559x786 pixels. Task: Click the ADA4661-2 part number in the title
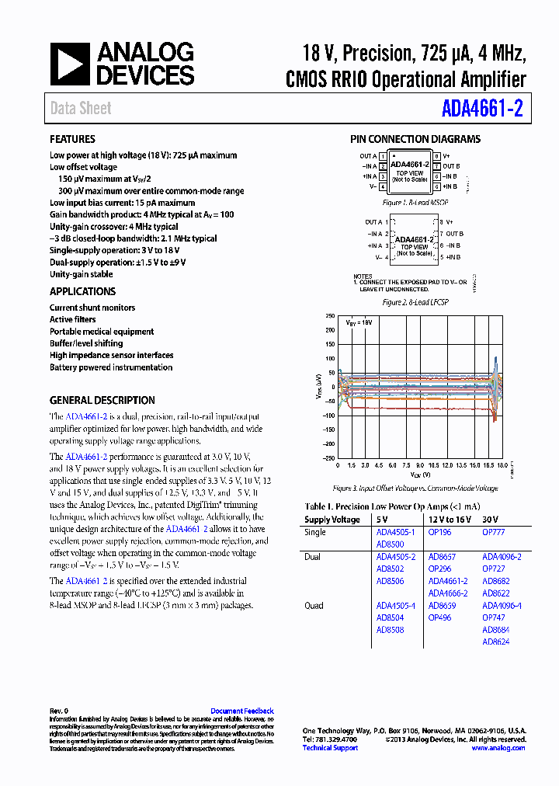tap(482, 109)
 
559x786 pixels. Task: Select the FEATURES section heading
tap(73, 140)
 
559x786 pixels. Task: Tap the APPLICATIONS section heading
tap(82, 291)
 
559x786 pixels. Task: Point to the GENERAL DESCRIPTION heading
tap(102, 400)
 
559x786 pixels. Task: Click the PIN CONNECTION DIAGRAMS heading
tap(415, 140)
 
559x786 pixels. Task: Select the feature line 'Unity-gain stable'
tap(81, 274)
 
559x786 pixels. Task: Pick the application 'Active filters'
tap(72, 319)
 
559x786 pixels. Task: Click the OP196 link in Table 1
tap(439, 533)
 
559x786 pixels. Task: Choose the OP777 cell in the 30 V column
tap(493, 533)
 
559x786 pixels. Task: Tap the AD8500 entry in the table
tap(390, 544)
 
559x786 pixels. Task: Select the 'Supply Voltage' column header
tap(332, 520)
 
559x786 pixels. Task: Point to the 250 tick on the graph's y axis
tap(330, 317)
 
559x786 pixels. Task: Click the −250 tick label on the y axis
tap(328, 458)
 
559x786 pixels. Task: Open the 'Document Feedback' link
tap(241, 711)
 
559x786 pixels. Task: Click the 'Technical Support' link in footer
tap(330, 748)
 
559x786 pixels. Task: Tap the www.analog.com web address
tap(498, 748)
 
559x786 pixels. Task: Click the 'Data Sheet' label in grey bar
tap(81, 109)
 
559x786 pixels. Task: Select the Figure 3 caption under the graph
tap(415, 489)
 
